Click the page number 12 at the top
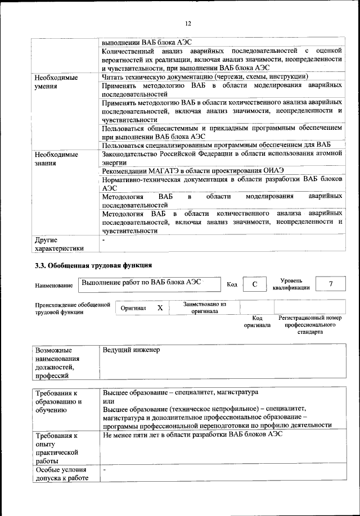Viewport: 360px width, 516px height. click(x=188, y=23)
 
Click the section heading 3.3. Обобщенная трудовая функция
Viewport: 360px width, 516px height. click(x=93, y=265)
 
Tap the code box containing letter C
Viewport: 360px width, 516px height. click(x=254, y=284)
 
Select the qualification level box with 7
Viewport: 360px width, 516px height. click(x=330, y=284)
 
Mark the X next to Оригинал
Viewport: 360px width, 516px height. click(x=160, y=308)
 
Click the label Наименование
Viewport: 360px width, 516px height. click(x=54, y=286)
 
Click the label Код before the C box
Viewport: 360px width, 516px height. click(x=232, y=284)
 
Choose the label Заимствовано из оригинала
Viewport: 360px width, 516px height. click(x=204, y=307)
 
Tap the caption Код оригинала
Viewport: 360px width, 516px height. click(x=257, y=322)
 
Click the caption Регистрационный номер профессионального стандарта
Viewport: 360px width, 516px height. click(x=310, y=325)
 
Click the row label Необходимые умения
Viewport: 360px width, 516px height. click(x=56, y=82)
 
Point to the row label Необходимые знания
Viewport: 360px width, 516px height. click(x=56, y=159)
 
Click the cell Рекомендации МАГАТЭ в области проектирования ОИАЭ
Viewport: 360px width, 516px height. click(x=193, y=170)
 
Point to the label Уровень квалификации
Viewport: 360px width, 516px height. click(x=291, y=284)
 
